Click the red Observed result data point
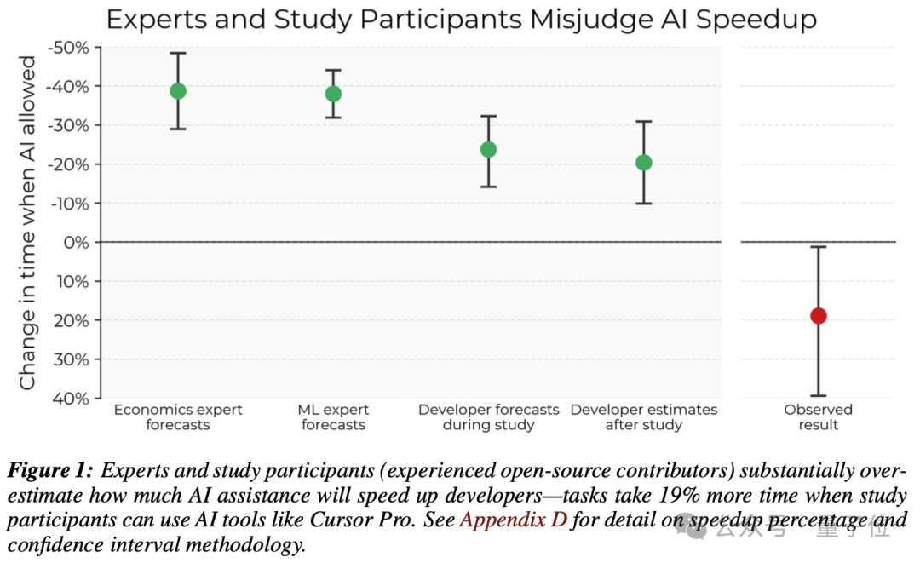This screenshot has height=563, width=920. pyautogui.click(x=818, y=316)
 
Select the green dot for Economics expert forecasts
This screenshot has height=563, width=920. pyautogui.click(x=178, y=91)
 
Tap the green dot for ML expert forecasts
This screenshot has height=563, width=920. pyautogui.click(x=333, y=94)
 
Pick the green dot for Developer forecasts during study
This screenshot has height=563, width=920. pyautogui.click(x=488, y=150)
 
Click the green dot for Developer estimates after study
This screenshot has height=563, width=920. pyautogui.click(x=644, y=163)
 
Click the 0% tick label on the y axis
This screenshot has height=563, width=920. pyautogui.click(x=77, y=242)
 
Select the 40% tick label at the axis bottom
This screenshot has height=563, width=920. pyautogui.click(x=71, y=399)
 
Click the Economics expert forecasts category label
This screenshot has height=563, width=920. pyautogui.click(x=178, y=417)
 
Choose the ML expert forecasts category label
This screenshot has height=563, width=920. pyautogui.click(x=333, y=417)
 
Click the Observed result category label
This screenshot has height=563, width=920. pyautogui.click(x=818, y=417)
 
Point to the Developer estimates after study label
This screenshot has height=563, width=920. pyautogui.click(x=644, y=417)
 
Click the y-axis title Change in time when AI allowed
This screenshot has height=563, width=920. pyautogui.click(x=27, y=223)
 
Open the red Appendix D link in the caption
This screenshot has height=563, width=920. pyautogui.click(x=514, y=520)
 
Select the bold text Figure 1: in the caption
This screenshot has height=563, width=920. pyautogui.click(x=50, y=470)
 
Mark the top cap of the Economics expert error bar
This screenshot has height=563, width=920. pyautogui.click(x=178, y=54)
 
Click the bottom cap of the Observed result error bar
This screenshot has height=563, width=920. pyautogui.click(x=818, y=396)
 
